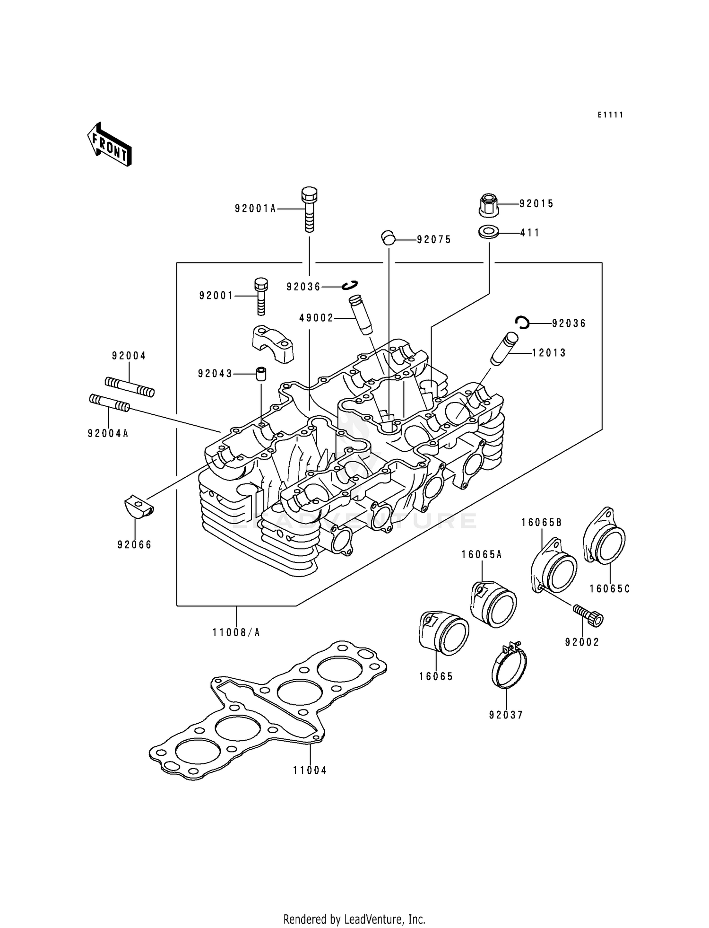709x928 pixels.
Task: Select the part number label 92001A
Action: [x=255, y=209]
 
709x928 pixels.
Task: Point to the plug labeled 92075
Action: [x=388, y=237]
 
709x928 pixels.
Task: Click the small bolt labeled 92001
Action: [x=260, y=296]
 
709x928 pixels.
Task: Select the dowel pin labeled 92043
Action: [x=260, y=374]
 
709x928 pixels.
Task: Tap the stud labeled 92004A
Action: [x=109, y=403]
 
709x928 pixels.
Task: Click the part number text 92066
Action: [x=135, y=545]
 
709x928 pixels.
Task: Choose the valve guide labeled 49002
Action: [x=360, y=315]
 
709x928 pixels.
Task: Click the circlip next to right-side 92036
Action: [x=522, y=323]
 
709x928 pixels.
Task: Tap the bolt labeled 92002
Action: [x=590, y=615]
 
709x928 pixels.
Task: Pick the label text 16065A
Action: [x=482, y=555]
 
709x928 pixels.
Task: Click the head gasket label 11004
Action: [x=310, y=770]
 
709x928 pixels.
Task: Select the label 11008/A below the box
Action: [x=236, y=632]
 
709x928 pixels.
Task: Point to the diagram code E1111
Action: [x=610, y=115]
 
